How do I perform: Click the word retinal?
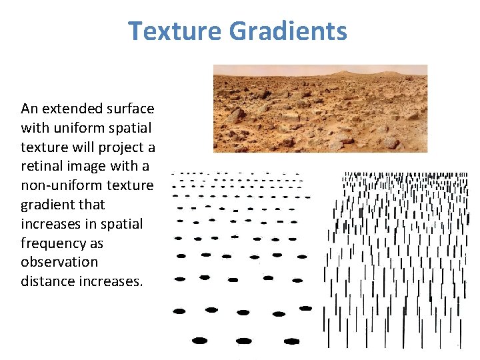tap(42, 165)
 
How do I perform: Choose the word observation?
tap(59, 262)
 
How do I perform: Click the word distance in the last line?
tap(47, 281)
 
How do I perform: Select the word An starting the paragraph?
tap(29, 108)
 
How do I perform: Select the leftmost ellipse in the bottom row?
tap(199, 341)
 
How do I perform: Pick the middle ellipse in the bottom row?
tap(244, 341)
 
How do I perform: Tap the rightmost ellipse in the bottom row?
tap(291, 341)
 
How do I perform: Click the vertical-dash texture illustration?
tap(396, 260)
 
